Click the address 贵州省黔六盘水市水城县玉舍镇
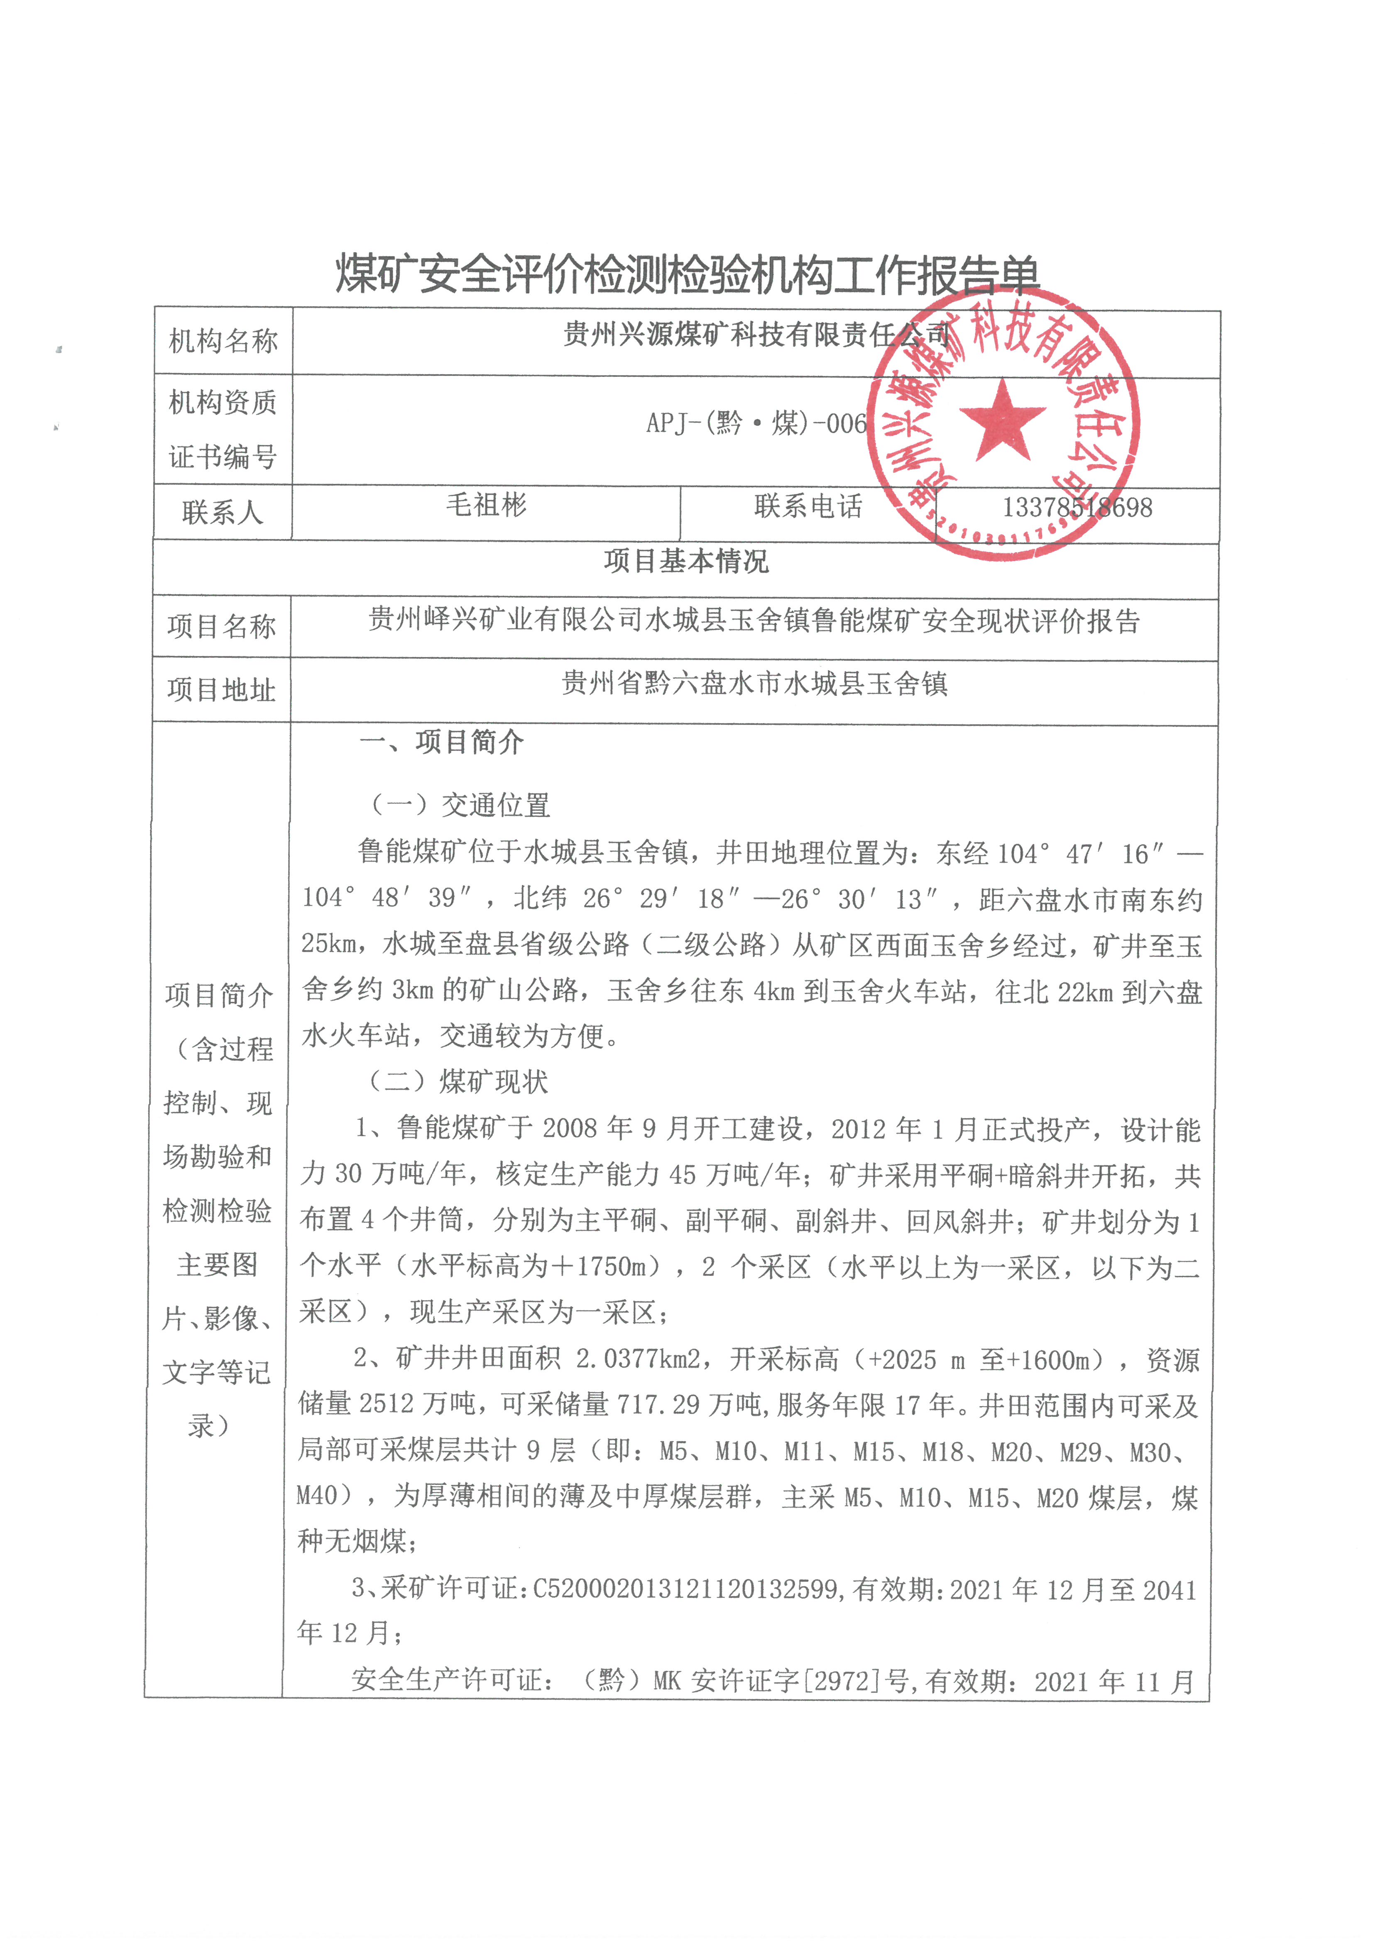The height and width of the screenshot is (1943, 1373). coord(755,683)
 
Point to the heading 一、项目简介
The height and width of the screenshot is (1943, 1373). coord(442,742)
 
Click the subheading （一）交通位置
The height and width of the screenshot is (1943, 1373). coord(461,805)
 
